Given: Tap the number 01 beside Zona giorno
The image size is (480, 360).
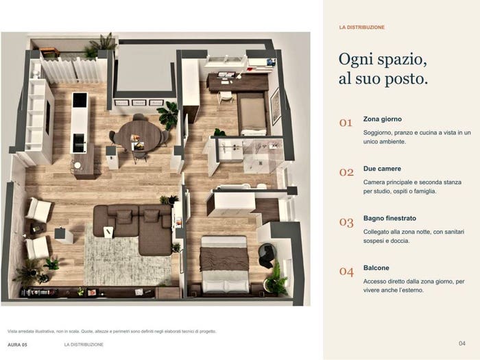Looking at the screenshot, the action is pos(346,123).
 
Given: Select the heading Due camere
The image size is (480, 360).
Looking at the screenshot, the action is pos(382,169).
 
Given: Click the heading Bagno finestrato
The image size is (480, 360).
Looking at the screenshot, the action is pos(389,218).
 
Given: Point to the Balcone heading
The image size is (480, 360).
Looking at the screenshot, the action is pos(376,268).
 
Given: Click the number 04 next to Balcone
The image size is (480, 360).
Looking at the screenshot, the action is pos(346,272).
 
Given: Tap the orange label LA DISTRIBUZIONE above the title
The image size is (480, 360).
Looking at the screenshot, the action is pos(361,27).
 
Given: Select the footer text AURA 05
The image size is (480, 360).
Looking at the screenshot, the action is pos(17,345).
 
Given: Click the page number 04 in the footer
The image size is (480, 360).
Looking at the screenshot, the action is pos(462,344).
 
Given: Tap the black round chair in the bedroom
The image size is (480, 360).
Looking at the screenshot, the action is pos(267,255).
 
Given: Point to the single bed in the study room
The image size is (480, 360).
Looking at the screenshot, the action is pos(253,114).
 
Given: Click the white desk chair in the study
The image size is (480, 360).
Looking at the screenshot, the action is pos(226,97).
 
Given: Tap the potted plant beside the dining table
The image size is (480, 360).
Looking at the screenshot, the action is pos(169,115).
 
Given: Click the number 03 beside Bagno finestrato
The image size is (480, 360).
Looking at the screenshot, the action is pos(346,222).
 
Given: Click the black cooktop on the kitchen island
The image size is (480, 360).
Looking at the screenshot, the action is pos(80,100).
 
